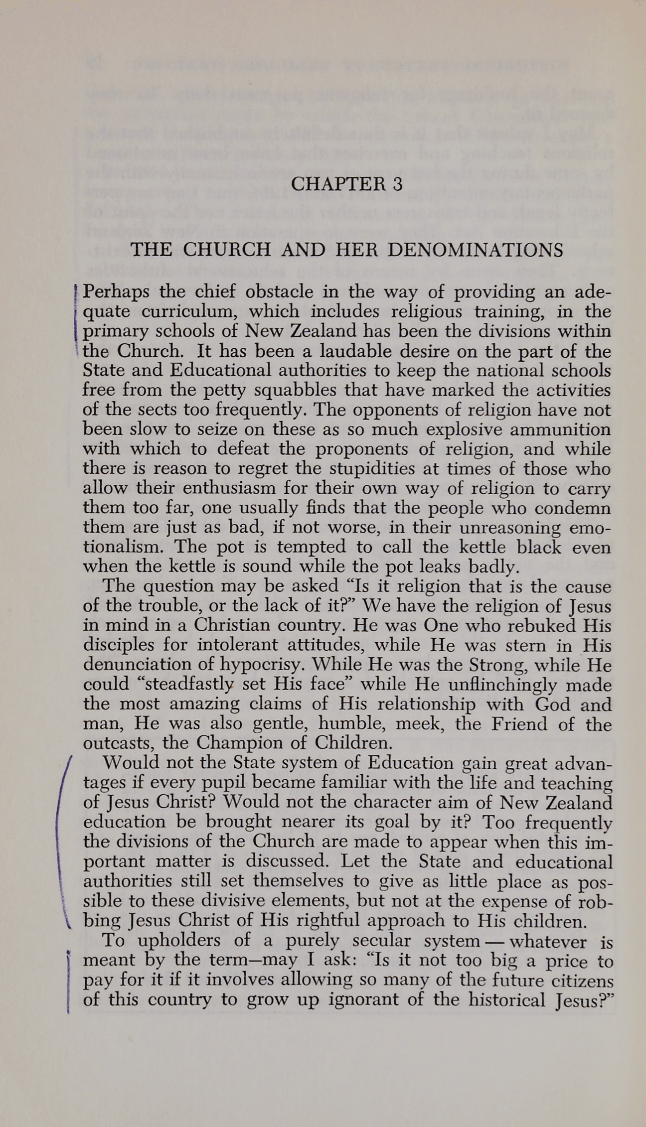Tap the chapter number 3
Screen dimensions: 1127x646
click(397, 184)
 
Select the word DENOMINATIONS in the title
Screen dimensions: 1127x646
click(476, 249)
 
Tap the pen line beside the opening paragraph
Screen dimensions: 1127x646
click(74, 319)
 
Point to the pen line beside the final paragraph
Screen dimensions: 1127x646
click(67, 979)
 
